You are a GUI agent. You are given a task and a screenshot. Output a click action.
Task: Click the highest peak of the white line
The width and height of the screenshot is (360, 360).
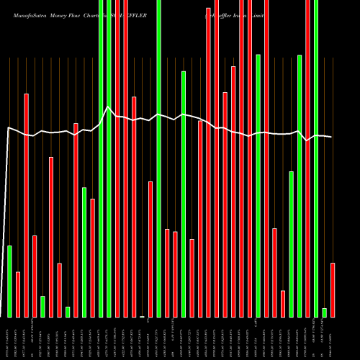coord(108,107)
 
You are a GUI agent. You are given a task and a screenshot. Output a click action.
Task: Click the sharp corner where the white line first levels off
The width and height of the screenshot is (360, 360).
coord(8,128)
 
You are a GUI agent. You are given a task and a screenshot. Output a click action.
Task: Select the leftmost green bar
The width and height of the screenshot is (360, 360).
coord(9,281)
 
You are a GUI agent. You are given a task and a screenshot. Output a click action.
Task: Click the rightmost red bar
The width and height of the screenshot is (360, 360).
coord(333,289)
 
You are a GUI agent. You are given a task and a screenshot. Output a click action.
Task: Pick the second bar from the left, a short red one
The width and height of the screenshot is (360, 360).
coord(18,294)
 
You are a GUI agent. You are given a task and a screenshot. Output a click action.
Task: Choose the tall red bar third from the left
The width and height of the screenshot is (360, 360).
coord(26,205)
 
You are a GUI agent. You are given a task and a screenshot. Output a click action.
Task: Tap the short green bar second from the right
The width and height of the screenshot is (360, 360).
coord(325,312)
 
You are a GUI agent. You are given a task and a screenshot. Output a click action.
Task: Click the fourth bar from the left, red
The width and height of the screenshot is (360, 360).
coord(35,276)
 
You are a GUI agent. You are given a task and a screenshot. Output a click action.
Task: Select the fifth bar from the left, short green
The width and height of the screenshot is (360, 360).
coord(42,306)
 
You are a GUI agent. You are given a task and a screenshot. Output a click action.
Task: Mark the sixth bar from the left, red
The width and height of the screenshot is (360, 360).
coord(51,237)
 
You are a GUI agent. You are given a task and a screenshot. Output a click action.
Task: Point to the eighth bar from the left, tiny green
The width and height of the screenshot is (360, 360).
coord(68,312)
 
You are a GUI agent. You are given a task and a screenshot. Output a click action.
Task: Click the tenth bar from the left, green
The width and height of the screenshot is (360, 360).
coord(84,252)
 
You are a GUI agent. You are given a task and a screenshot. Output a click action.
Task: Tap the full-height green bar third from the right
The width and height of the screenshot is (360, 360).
coord(316,158)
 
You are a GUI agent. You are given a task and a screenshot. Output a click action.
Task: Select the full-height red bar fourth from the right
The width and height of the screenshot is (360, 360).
coord(308,158)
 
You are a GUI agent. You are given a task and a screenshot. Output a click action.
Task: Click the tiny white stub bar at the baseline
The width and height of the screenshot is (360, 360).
coord(142,316)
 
